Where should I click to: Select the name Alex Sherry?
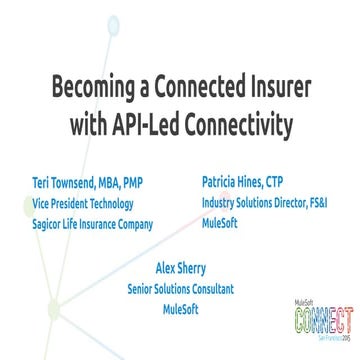[x=181, y=269]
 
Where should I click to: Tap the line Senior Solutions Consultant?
[x=181, y=289]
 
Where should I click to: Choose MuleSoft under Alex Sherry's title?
[x=181, y=308]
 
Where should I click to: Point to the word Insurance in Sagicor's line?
[x=95, y=224]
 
